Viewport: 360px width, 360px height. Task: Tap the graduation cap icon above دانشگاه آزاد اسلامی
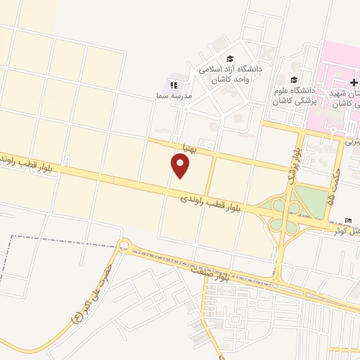tap(229, 58)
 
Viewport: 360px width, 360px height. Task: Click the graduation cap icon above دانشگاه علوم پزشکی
tap(293, 79)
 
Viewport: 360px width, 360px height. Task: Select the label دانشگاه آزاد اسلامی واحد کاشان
tap(230, 75)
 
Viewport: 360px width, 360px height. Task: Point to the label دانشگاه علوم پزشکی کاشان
tap(295, 96)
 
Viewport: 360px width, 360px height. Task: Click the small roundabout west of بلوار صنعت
tap(124, 245)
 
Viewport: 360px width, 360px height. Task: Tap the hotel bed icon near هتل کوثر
tap(349, 220)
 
